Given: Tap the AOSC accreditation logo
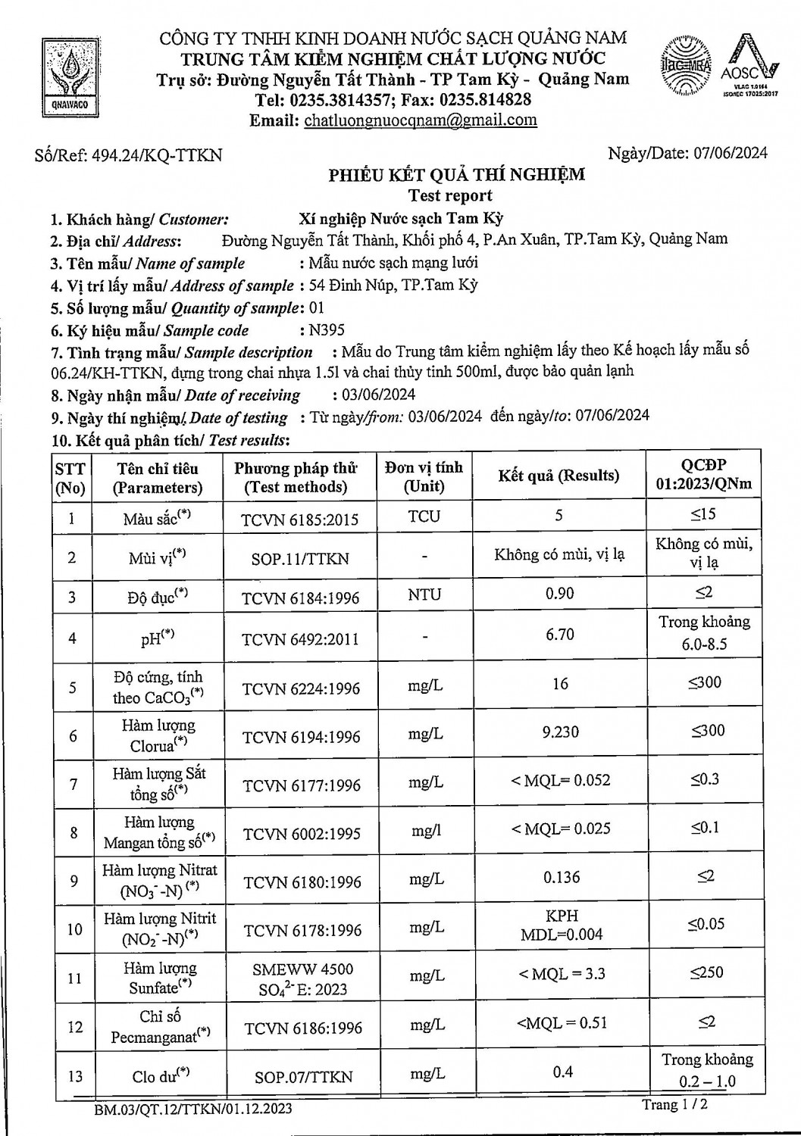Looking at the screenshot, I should coord(749,67).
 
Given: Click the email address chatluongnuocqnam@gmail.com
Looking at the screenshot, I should coord(420,120).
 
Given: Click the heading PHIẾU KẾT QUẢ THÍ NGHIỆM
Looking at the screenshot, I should coord(456,175).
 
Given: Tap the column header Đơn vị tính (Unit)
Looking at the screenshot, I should coord(424,476).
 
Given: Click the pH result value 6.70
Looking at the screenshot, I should coord(559,634).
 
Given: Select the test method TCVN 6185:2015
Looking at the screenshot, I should coord(299,520).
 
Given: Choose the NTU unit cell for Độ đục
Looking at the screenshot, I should coord(424,595).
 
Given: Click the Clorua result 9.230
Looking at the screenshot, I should coord(560,732).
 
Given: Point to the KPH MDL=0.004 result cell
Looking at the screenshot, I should coord(561,925).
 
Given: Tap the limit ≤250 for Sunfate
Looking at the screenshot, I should coord(706,972).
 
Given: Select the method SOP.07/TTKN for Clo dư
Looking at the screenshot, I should coord(299,1076).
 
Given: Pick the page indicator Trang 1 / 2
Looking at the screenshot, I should coord(675,1105).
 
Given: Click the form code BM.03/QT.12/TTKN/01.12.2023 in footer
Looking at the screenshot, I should coord(192,1109).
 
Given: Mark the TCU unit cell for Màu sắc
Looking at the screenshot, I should coord(424,517).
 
